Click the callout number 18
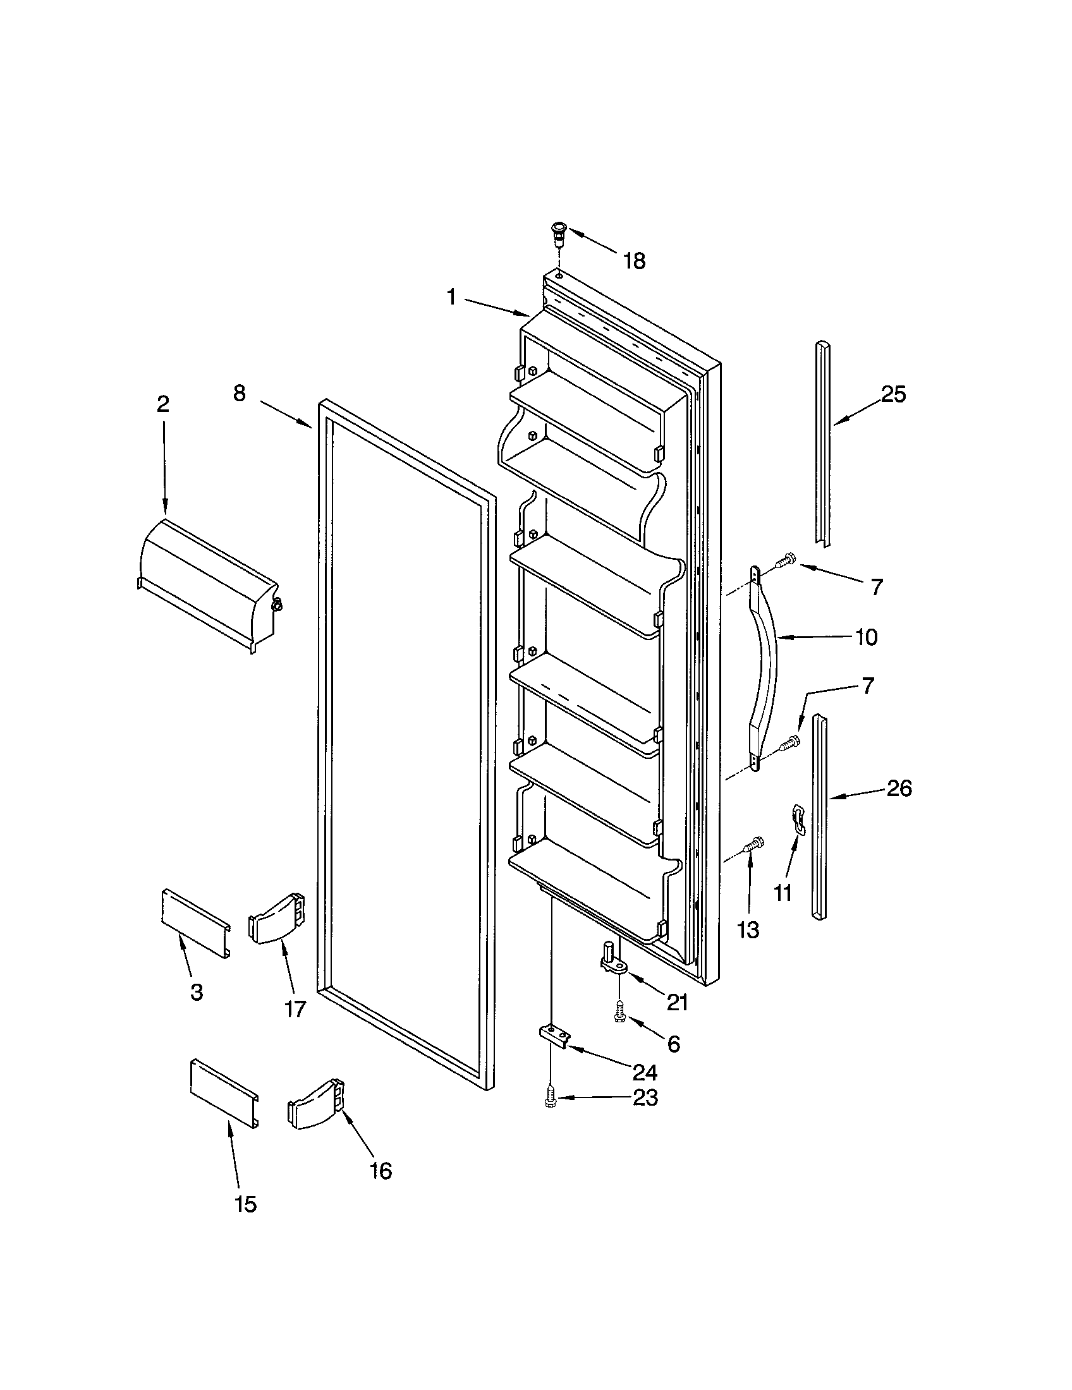tap(634, 261)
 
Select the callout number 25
tap(893, 395)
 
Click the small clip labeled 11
tap(798, 818)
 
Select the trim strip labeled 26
tap(820, 818)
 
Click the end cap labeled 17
tap(276, 919)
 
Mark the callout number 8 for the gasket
tap(239, 394)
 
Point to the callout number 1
tap(451, 297)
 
